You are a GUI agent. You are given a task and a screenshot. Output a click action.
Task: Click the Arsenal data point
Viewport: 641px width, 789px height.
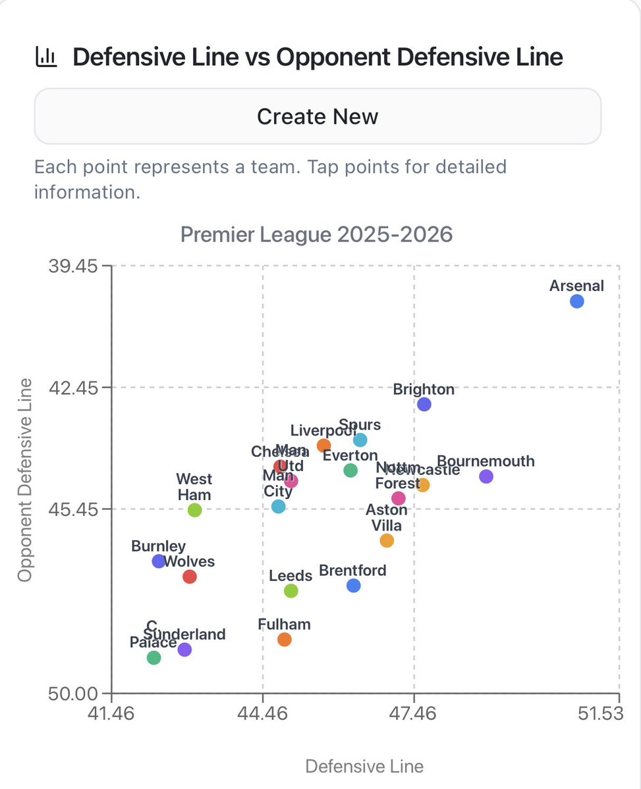[x=577, y=301]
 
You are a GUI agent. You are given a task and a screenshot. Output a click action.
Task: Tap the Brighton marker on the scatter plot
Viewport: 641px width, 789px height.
[x=424, y=404]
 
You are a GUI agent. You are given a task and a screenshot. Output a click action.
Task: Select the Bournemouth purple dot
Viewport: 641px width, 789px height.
[x=486, y=476]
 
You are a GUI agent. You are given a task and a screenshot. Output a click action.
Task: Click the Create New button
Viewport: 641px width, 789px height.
[x=318, y=116]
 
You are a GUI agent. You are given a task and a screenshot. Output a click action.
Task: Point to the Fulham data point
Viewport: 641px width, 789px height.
[x=284, y=639]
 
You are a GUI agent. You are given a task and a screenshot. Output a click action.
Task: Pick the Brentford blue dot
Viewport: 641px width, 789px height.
[x=354, y=585]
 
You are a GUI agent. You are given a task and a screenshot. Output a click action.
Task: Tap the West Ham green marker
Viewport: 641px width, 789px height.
[x=194, y=510]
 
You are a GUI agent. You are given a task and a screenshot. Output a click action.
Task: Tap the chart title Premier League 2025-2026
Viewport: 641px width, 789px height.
[x=317, y=235]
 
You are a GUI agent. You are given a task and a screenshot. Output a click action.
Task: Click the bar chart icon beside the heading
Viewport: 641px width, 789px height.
[x=45, y=57]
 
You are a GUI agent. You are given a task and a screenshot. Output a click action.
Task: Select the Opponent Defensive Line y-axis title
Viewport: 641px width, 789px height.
[x=25, y=480]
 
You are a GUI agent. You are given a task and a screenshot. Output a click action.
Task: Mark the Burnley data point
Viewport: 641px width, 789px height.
[x=158, y=561]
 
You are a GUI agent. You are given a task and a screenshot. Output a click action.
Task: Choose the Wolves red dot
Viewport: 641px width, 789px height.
[x=190, y=576]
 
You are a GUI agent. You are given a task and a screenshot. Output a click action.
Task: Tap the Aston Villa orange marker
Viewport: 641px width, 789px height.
[x=387, y=540]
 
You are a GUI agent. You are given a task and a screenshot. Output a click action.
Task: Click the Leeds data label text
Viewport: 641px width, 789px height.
[x=291, y=576]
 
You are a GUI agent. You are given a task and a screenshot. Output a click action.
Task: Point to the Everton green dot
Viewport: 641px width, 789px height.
[x=350, y=470]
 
